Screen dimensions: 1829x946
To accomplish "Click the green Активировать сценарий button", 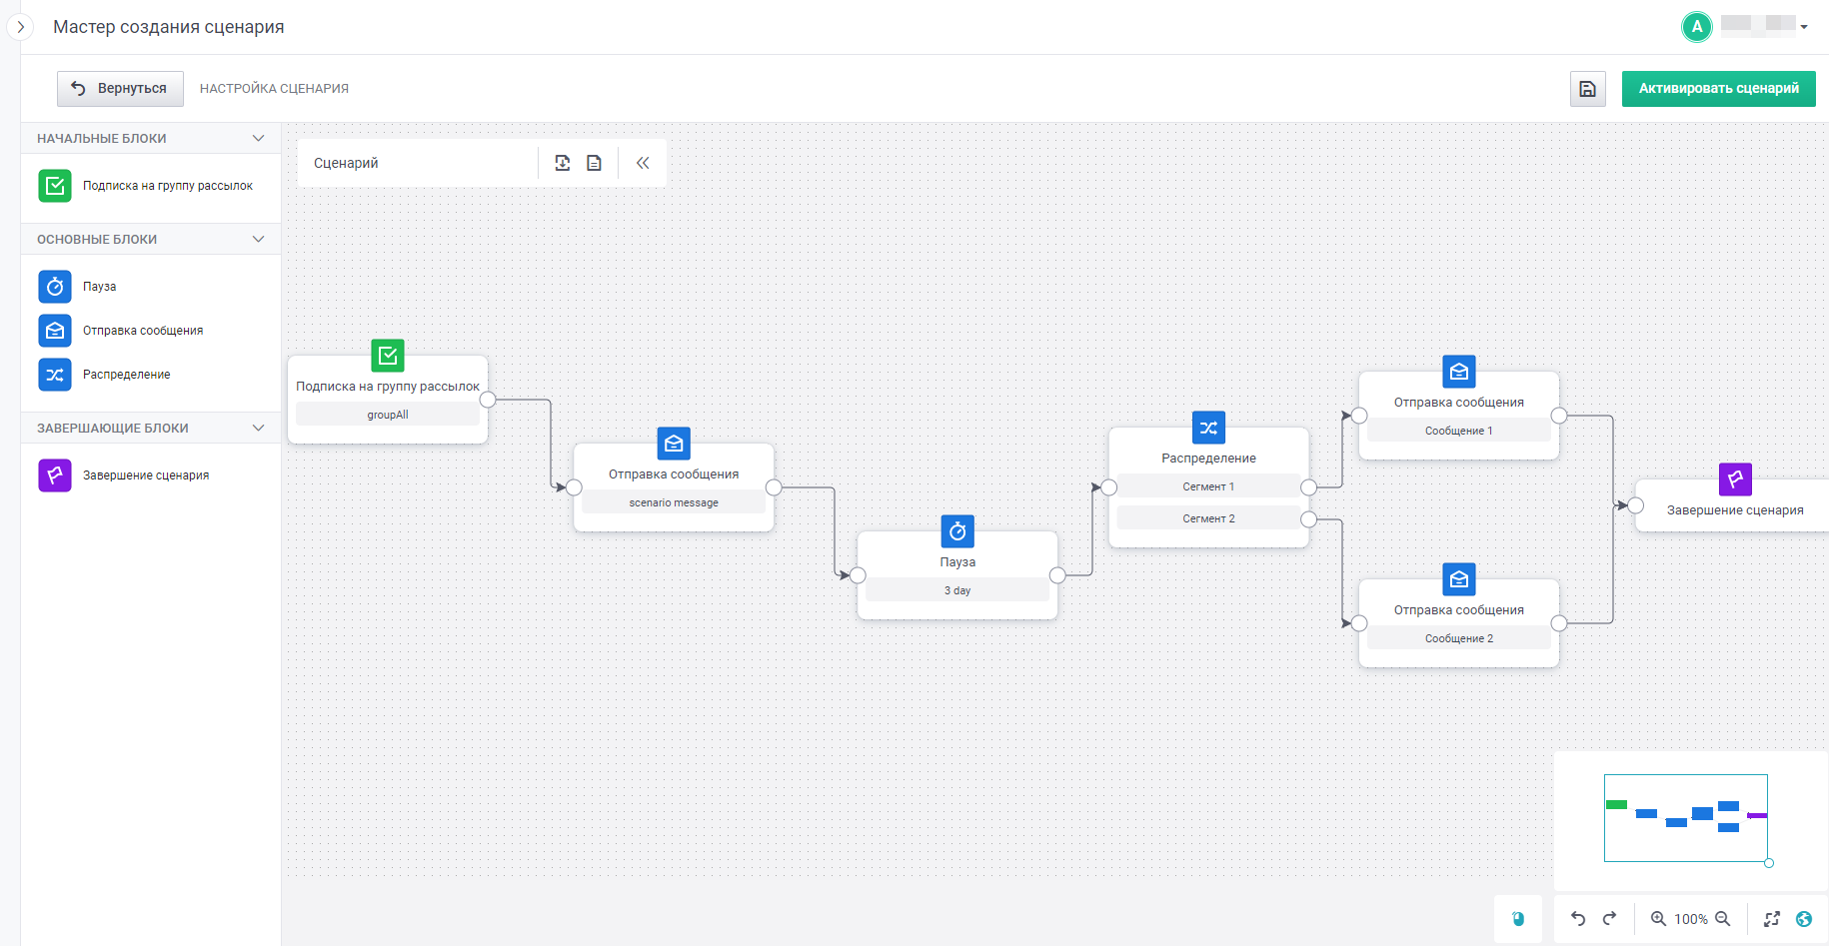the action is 1718,89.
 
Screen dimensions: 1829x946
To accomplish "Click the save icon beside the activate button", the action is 1587,89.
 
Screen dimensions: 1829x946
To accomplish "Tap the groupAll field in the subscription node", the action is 388,415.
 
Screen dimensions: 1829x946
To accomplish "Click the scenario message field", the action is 674,502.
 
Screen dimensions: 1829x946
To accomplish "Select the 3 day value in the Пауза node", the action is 957,590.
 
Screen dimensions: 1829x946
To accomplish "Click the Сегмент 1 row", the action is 1208,486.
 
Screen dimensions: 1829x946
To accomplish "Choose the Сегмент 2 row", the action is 1208,518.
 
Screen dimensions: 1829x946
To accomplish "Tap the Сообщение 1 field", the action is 1459,431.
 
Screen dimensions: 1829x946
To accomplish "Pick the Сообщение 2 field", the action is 1459,638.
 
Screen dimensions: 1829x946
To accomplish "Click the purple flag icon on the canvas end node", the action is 1735,479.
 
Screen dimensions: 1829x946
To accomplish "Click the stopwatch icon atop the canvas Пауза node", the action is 957,531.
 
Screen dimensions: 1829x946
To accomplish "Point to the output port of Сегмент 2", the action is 1308,519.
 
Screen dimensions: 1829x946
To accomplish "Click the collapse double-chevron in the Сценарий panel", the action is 643,163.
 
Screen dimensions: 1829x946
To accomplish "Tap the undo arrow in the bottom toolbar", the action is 1578,919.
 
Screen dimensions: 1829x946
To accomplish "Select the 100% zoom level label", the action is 1691,919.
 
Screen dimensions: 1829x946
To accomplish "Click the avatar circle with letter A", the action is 1697,27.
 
